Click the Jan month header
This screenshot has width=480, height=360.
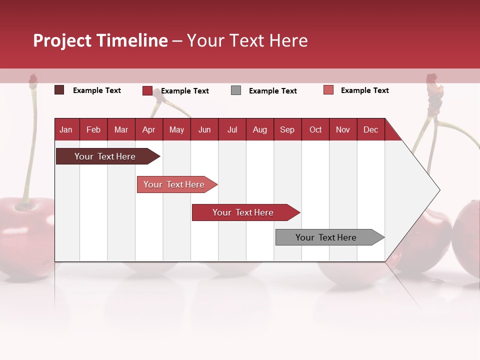66,129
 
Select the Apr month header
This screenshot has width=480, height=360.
148,129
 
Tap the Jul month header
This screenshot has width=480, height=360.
232,129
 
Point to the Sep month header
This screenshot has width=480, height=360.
287,129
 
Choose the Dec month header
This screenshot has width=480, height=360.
370,129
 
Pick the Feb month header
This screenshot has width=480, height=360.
93,129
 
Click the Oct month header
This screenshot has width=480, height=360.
315,129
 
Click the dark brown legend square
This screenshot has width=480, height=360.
59,90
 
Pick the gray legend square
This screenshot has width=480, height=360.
236,90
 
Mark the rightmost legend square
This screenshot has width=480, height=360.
328,90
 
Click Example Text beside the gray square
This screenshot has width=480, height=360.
272,91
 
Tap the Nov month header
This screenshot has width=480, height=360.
343,129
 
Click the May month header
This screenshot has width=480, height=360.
176,129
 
